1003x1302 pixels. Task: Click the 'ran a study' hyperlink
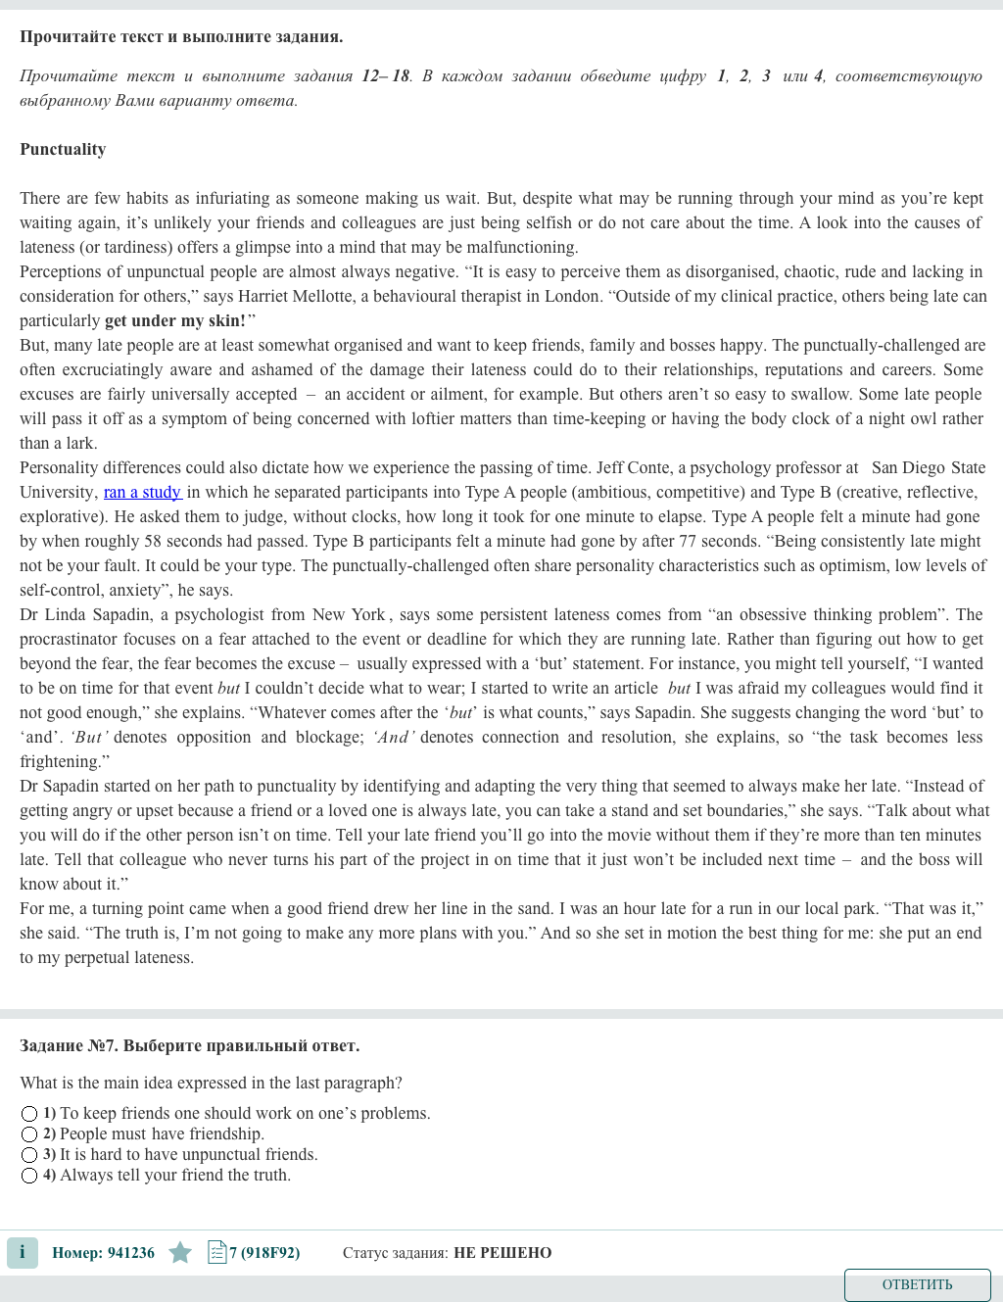tap(142, 492)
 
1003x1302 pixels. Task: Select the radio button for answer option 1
tap(29, 1114)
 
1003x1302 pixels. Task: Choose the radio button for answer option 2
tap(29, 1134)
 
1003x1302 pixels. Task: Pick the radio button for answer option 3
tap(29, 1155)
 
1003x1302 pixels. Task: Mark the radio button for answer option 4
tap(29, 1176)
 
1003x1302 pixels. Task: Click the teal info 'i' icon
tap(23, 1252)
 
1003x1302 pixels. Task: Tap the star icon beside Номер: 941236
tap(180, 1252)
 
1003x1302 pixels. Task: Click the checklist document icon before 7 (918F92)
tap(216, 1252)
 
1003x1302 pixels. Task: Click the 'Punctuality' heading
tap(63, 149)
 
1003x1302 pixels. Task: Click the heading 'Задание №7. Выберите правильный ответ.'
tap(189, 1045)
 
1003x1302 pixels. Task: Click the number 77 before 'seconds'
tap(689, 541)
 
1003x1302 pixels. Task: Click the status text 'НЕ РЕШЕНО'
tap(502, 1252)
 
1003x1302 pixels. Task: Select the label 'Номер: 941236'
tap(103, 1252)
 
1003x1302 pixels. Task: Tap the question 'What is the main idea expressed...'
tap(211, 1083)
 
